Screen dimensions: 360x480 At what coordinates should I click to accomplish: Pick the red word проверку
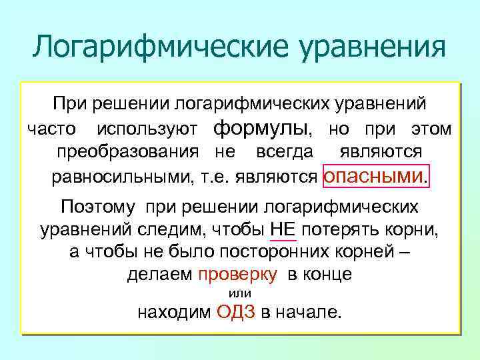pyautogui.click(x=238, y=274)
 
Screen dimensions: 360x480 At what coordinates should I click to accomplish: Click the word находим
pyautogui.click(x=174, y=312)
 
